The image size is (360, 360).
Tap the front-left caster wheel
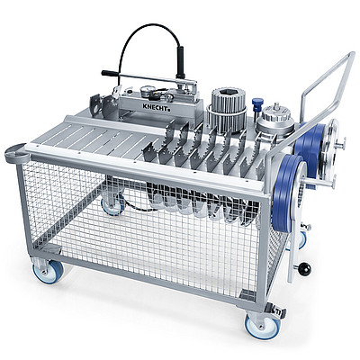(44, 271)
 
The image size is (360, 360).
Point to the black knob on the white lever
(305, 269)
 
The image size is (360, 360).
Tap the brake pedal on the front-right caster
(280, 312)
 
